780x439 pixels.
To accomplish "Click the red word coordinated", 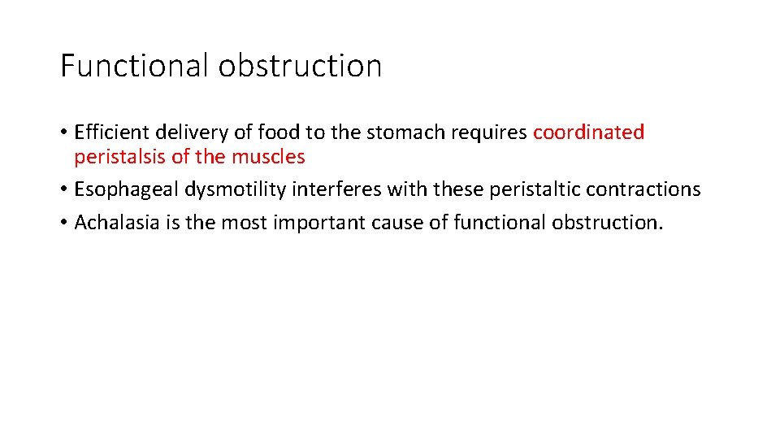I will point(588,133).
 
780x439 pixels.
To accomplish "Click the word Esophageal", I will point(127,189).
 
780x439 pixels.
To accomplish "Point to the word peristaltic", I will point(518,189).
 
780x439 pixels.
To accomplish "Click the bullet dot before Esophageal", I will point(63,190).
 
